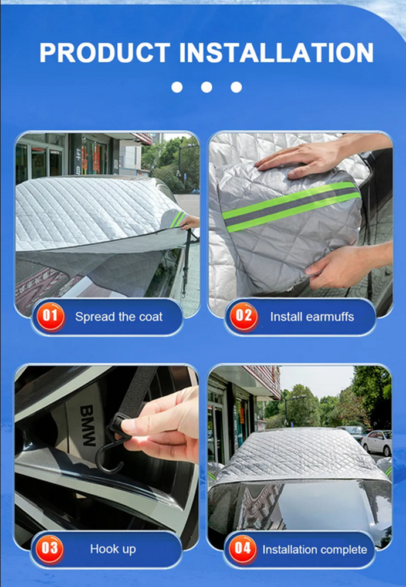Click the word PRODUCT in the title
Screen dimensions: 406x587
(105, 52)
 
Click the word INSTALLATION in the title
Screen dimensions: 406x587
(276, 52)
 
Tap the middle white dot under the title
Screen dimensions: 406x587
(207, 87)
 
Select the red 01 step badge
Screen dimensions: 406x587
(51, 316)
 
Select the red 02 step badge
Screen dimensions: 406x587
(243, 316)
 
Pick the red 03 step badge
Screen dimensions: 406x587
(50, 549)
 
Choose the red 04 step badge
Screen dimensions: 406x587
(242, 549)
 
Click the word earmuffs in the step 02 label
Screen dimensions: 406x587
(330, 317)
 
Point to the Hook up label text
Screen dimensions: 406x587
(113, 549)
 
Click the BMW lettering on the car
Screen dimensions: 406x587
(88, 426)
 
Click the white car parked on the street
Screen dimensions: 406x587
(377, 443)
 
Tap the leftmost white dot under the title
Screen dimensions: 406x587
(177, 87)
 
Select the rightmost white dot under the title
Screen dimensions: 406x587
(236, 87)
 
